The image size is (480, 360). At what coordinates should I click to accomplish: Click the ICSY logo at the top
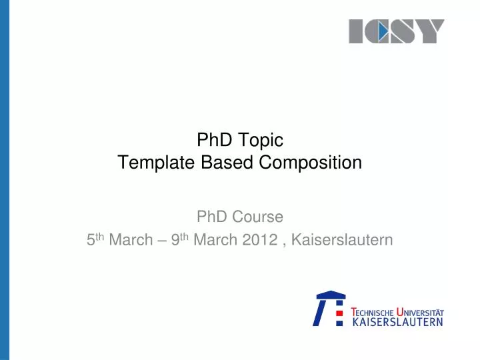[x=396, y=31]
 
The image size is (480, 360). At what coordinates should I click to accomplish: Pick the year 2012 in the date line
[x=261, y=240]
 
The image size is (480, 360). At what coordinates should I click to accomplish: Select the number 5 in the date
[x=91, y=240]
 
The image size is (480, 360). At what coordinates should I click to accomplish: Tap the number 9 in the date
[x=175, y=240]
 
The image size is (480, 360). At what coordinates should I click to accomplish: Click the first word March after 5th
[x=131, y=240]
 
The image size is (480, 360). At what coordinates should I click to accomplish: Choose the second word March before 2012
[x=215, y=240]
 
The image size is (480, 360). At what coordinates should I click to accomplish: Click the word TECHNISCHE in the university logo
[x=372, y=312]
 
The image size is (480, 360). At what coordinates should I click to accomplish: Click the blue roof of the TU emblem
[x=331, y=295]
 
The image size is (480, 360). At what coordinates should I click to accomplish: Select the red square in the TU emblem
[x=339, y=311]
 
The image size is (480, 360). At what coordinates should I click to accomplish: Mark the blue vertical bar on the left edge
[x=5, y=180]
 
